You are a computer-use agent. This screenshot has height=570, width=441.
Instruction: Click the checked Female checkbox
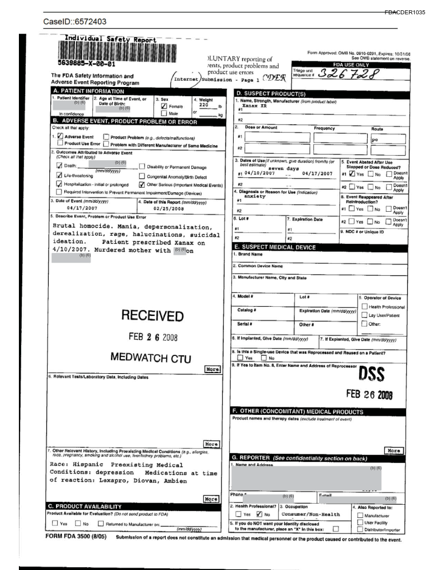[164, 106]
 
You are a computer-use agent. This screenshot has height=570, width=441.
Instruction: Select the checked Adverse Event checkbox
[60, 137]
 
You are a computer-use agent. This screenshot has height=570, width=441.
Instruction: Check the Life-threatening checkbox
[59, 176]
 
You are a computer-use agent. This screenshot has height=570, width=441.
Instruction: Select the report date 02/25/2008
[169, 208]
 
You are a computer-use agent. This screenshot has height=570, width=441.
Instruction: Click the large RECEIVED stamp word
[152, 316]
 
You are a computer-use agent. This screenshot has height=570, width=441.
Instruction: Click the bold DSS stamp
[372, 374]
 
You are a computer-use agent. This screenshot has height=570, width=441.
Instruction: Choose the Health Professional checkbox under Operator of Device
[364, 307]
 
